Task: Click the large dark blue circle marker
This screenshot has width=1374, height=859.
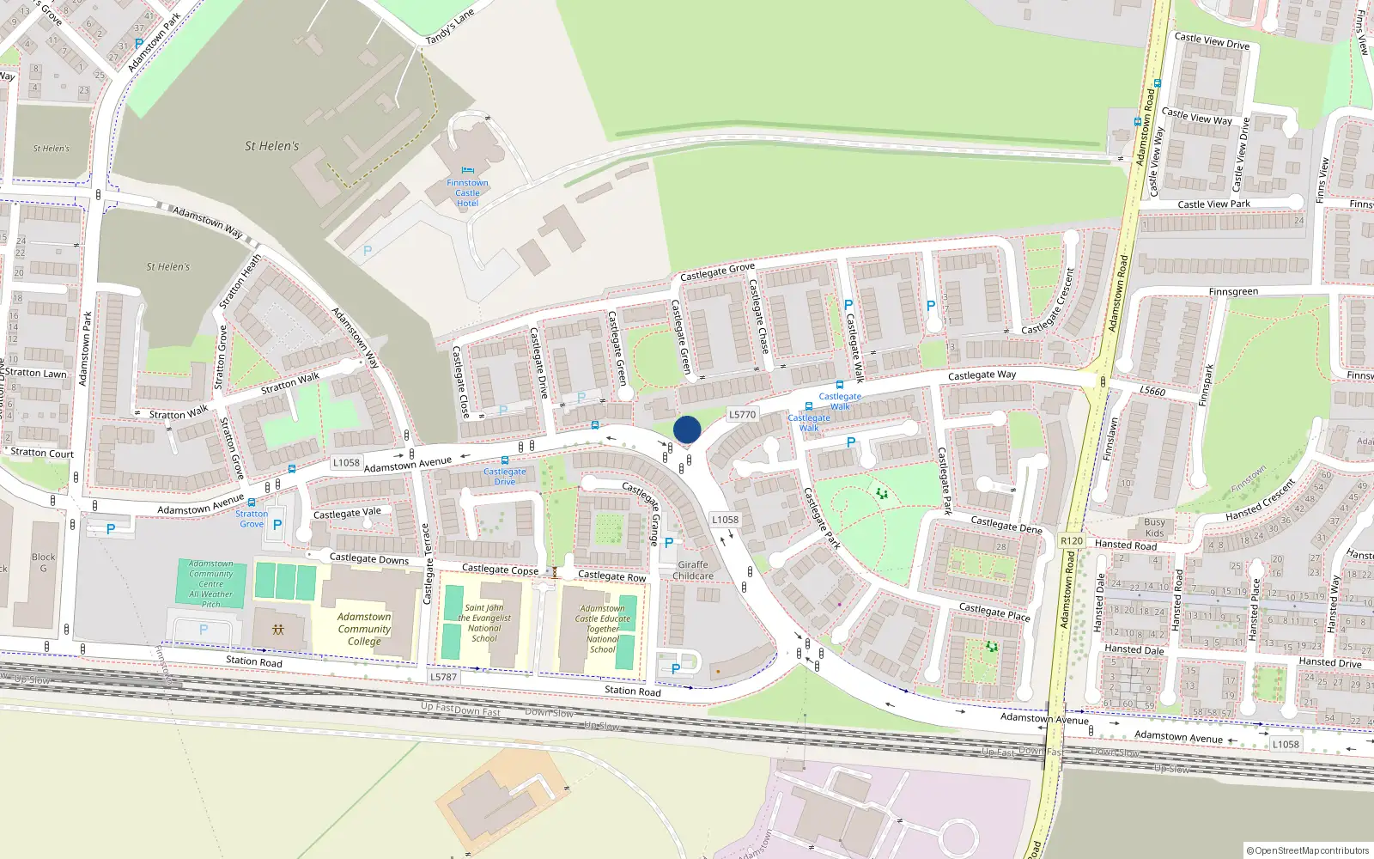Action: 687,429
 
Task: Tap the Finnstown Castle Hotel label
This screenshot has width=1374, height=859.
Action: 467,193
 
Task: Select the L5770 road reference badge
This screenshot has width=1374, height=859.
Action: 742,414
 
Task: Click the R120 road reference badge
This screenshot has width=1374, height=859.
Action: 1071,540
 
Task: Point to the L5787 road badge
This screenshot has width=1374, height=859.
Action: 443,677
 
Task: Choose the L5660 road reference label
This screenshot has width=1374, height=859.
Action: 1152,392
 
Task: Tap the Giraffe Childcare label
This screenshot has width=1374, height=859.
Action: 693,570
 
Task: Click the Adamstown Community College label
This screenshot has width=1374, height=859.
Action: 364,629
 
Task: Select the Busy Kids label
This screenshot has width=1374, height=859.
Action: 1154,527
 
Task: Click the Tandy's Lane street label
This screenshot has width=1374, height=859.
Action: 449,27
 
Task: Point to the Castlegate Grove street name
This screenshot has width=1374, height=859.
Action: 717,272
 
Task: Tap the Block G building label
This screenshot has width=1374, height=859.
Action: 43,563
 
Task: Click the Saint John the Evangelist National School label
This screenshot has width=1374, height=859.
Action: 484,623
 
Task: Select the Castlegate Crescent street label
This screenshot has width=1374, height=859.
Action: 1049,303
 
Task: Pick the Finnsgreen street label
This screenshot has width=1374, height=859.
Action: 1232,292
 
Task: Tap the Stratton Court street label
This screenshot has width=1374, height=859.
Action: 42,453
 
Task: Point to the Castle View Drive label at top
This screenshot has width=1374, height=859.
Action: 1212,40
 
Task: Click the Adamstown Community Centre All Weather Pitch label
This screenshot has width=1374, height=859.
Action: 210,584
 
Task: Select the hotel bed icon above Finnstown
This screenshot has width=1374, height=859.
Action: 467,170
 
